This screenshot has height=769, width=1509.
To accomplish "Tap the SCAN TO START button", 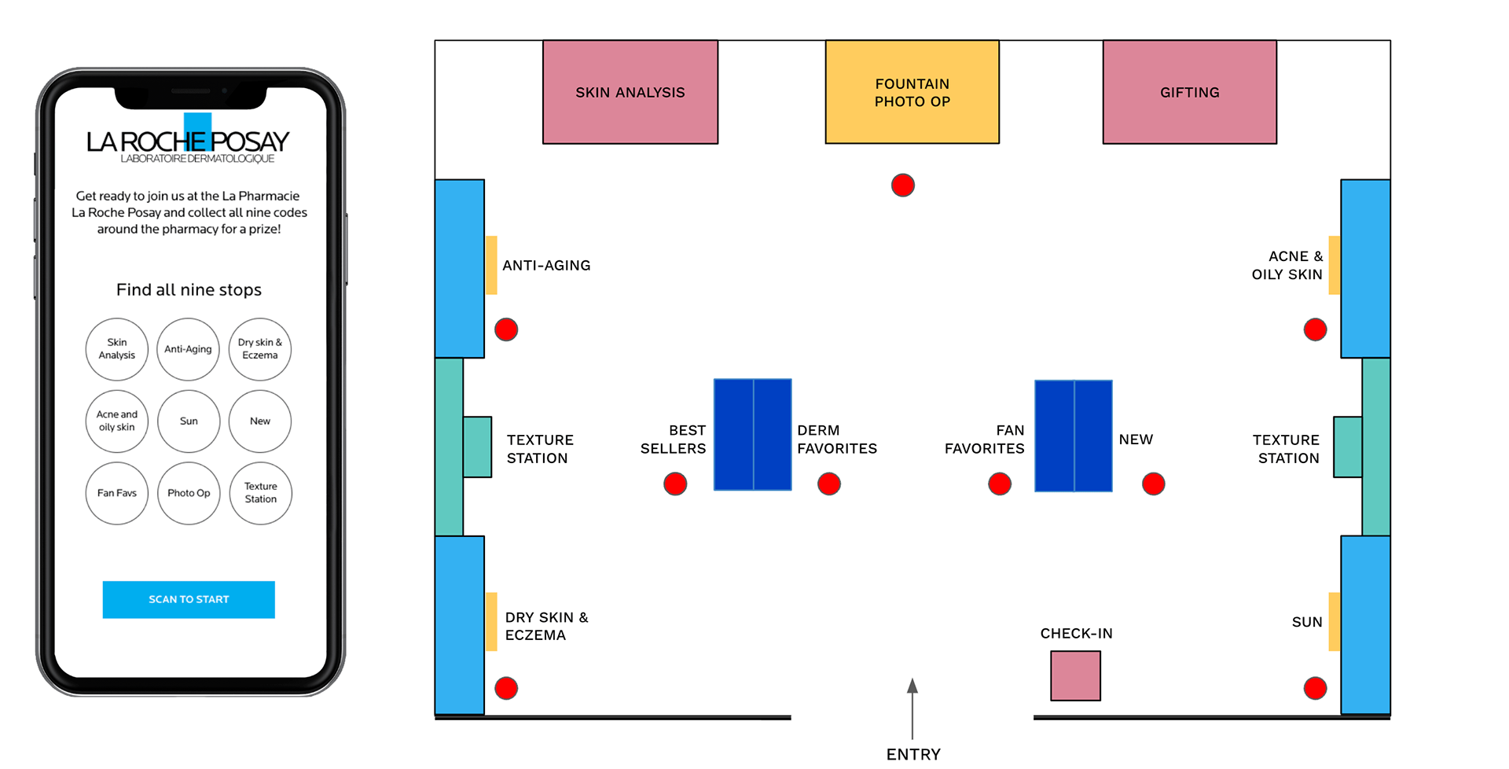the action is tap(189, 599).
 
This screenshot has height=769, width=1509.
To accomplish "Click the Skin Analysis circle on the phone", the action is tap(117, 349).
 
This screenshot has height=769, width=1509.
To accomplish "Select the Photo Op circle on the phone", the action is tap(189, 493).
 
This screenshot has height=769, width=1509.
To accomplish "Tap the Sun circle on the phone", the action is tap(189, 421).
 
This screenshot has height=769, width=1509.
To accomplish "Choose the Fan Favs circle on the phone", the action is tap(117, 493).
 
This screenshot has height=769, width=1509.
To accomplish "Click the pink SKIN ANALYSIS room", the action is tap(630, 92).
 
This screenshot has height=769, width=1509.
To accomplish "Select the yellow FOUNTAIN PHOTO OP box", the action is tap(912, 92).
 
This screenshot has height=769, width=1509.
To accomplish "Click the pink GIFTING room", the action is tap(1190, 92).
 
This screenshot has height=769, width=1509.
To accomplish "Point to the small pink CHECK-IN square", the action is tap(1076, 675).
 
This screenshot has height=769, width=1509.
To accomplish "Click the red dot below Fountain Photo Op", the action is tap(903, 186).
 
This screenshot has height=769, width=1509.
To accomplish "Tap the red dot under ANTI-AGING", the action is tap(506, 329).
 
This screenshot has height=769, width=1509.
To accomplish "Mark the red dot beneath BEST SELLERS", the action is tap(675, 484).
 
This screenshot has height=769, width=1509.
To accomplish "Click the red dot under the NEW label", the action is tap(1154, 484).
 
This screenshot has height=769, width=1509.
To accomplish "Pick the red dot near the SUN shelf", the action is tap(1316, 688).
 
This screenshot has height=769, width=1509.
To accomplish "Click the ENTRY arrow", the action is tap(912, 708).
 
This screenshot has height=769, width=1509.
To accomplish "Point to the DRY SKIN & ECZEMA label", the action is tap(547, 626).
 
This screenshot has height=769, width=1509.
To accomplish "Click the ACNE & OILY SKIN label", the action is tap(1287, 265).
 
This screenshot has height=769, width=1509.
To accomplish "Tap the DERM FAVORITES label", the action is tap(837, 440).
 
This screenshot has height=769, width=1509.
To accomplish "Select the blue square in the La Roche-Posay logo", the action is tap(198, 131).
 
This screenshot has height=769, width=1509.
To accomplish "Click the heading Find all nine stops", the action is tap(189, 289).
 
